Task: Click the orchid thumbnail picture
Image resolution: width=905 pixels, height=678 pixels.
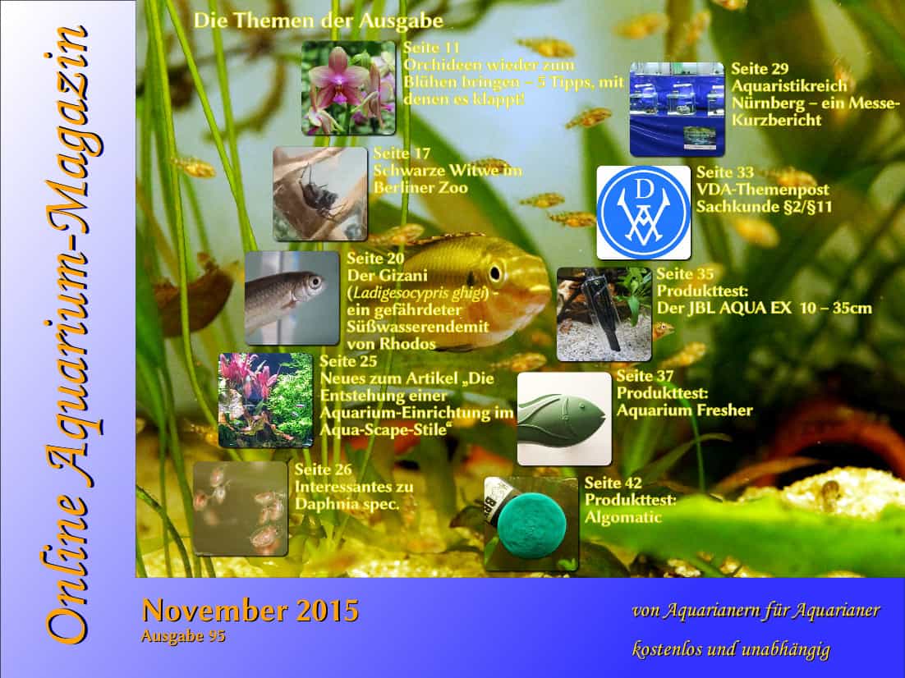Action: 348,88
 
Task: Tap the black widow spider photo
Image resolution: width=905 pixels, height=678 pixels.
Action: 320,194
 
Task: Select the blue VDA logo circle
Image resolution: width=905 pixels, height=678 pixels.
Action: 644,213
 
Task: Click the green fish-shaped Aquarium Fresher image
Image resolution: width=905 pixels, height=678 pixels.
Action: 564,419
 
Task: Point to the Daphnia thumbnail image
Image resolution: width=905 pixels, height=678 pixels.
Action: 240,508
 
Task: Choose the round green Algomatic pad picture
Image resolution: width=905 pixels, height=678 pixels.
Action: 531,524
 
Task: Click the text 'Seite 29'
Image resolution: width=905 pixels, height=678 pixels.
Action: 760,69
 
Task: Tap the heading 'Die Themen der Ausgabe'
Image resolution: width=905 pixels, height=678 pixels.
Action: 319,21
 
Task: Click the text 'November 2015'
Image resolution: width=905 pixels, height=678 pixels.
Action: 250,611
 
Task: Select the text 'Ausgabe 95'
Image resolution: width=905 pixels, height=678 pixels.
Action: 183,636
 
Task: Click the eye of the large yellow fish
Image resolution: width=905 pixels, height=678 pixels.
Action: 494,273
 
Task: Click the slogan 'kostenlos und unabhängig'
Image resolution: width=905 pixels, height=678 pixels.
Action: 731,650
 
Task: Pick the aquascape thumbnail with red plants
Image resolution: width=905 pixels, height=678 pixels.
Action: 266,401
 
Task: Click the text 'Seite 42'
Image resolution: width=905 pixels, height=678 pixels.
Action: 613,483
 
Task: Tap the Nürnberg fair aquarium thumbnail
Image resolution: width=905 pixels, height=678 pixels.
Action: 677,110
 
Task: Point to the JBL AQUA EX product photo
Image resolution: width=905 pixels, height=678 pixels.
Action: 604,314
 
